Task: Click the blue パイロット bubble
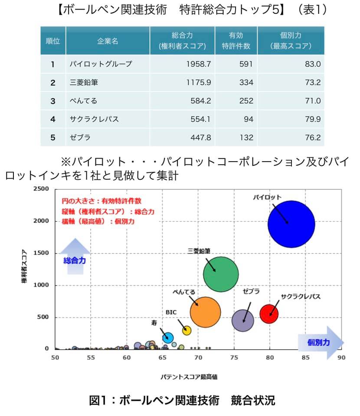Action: coord(291,224)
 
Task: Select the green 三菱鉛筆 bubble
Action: coord(221,274)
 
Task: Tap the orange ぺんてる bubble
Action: coord(206,312)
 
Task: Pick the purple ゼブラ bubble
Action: coord(243,321)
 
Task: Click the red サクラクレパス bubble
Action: coord(269,314)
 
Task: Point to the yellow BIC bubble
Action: coord(187,330)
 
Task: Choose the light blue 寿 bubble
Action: coord(168,338)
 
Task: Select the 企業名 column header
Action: coord(107,41)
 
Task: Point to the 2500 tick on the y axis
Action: coord(42,189)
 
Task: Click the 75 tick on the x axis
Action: coord(234,357)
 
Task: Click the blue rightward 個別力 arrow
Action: coord(320,342)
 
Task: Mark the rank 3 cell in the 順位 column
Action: coord(53,101)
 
